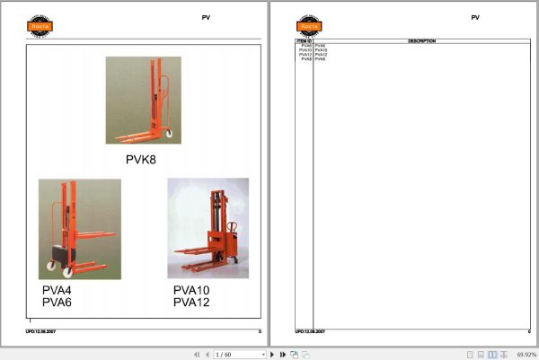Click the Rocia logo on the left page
coord(39,24)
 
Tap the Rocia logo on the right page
coord(309,24)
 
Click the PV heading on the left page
coord(206,17)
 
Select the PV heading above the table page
coord(475,17)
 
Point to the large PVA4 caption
coord(58,291)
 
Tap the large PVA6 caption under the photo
coord(58,303)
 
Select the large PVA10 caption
coord(190,291)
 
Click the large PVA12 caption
coord(190,303)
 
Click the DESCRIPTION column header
coord(421,41)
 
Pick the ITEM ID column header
coord(304,41)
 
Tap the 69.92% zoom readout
coord(526,355)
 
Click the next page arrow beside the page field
coord(272,355)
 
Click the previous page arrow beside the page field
coord(207,355)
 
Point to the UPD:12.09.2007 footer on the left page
coord(42,332)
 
